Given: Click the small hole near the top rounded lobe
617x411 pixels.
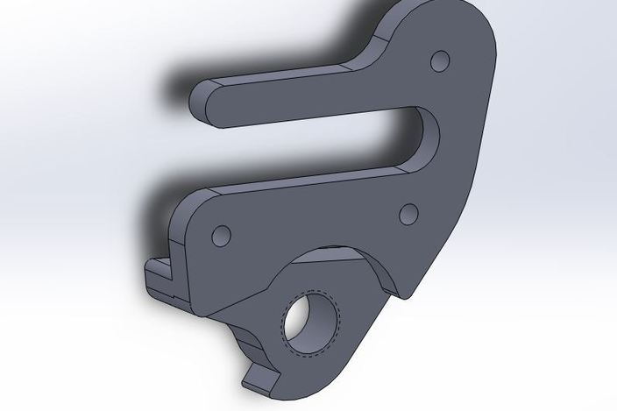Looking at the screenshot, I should point(441,60).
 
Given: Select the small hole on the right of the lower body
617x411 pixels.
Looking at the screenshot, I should point(408,213).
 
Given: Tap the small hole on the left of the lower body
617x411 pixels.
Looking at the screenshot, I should point(222,235).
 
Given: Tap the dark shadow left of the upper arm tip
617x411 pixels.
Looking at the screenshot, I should point(175,88).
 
